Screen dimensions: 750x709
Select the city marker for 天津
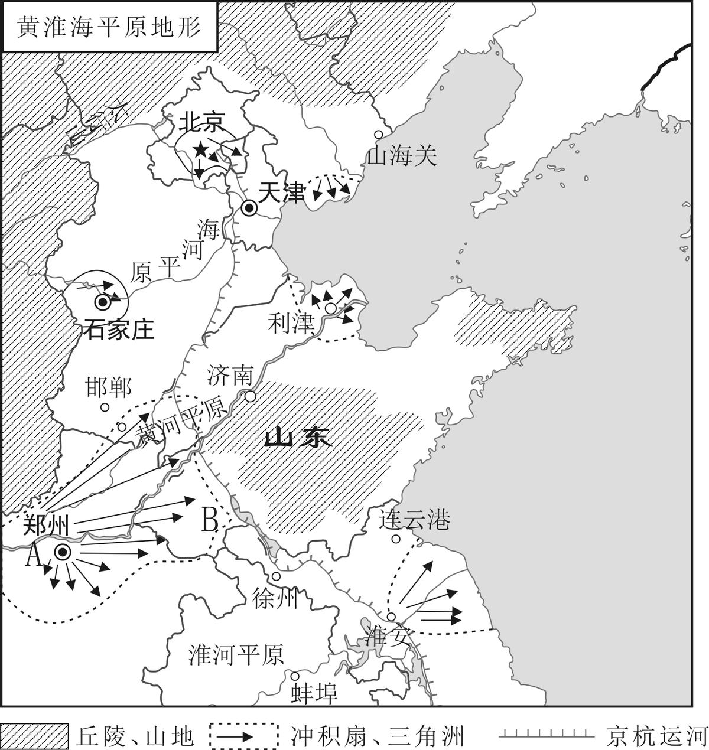[249, 207]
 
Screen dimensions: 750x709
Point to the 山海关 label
[402, 156]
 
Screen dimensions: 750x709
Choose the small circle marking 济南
[251, 396]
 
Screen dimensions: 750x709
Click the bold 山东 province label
[298, 438]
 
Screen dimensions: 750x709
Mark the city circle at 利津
[331, 308]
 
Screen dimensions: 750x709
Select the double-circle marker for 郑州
[63, 552]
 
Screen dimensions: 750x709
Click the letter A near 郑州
[34, 555]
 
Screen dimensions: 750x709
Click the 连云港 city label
[415, 520]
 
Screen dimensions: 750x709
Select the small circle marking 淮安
[391, 617]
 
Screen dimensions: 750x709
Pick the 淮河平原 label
[236, 654]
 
